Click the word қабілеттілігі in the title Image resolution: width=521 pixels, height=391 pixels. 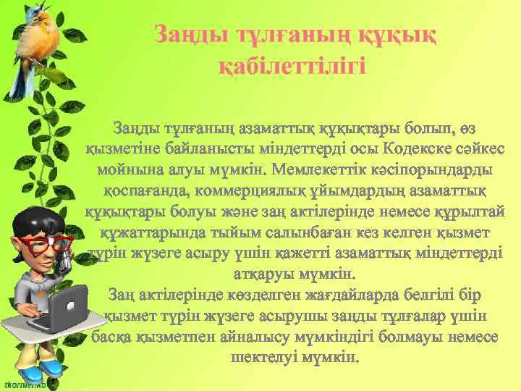tap(292, 66)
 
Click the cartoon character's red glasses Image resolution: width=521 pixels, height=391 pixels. tap(45, 243)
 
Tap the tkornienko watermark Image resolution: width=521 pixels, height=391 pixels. tap(26, 383)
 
